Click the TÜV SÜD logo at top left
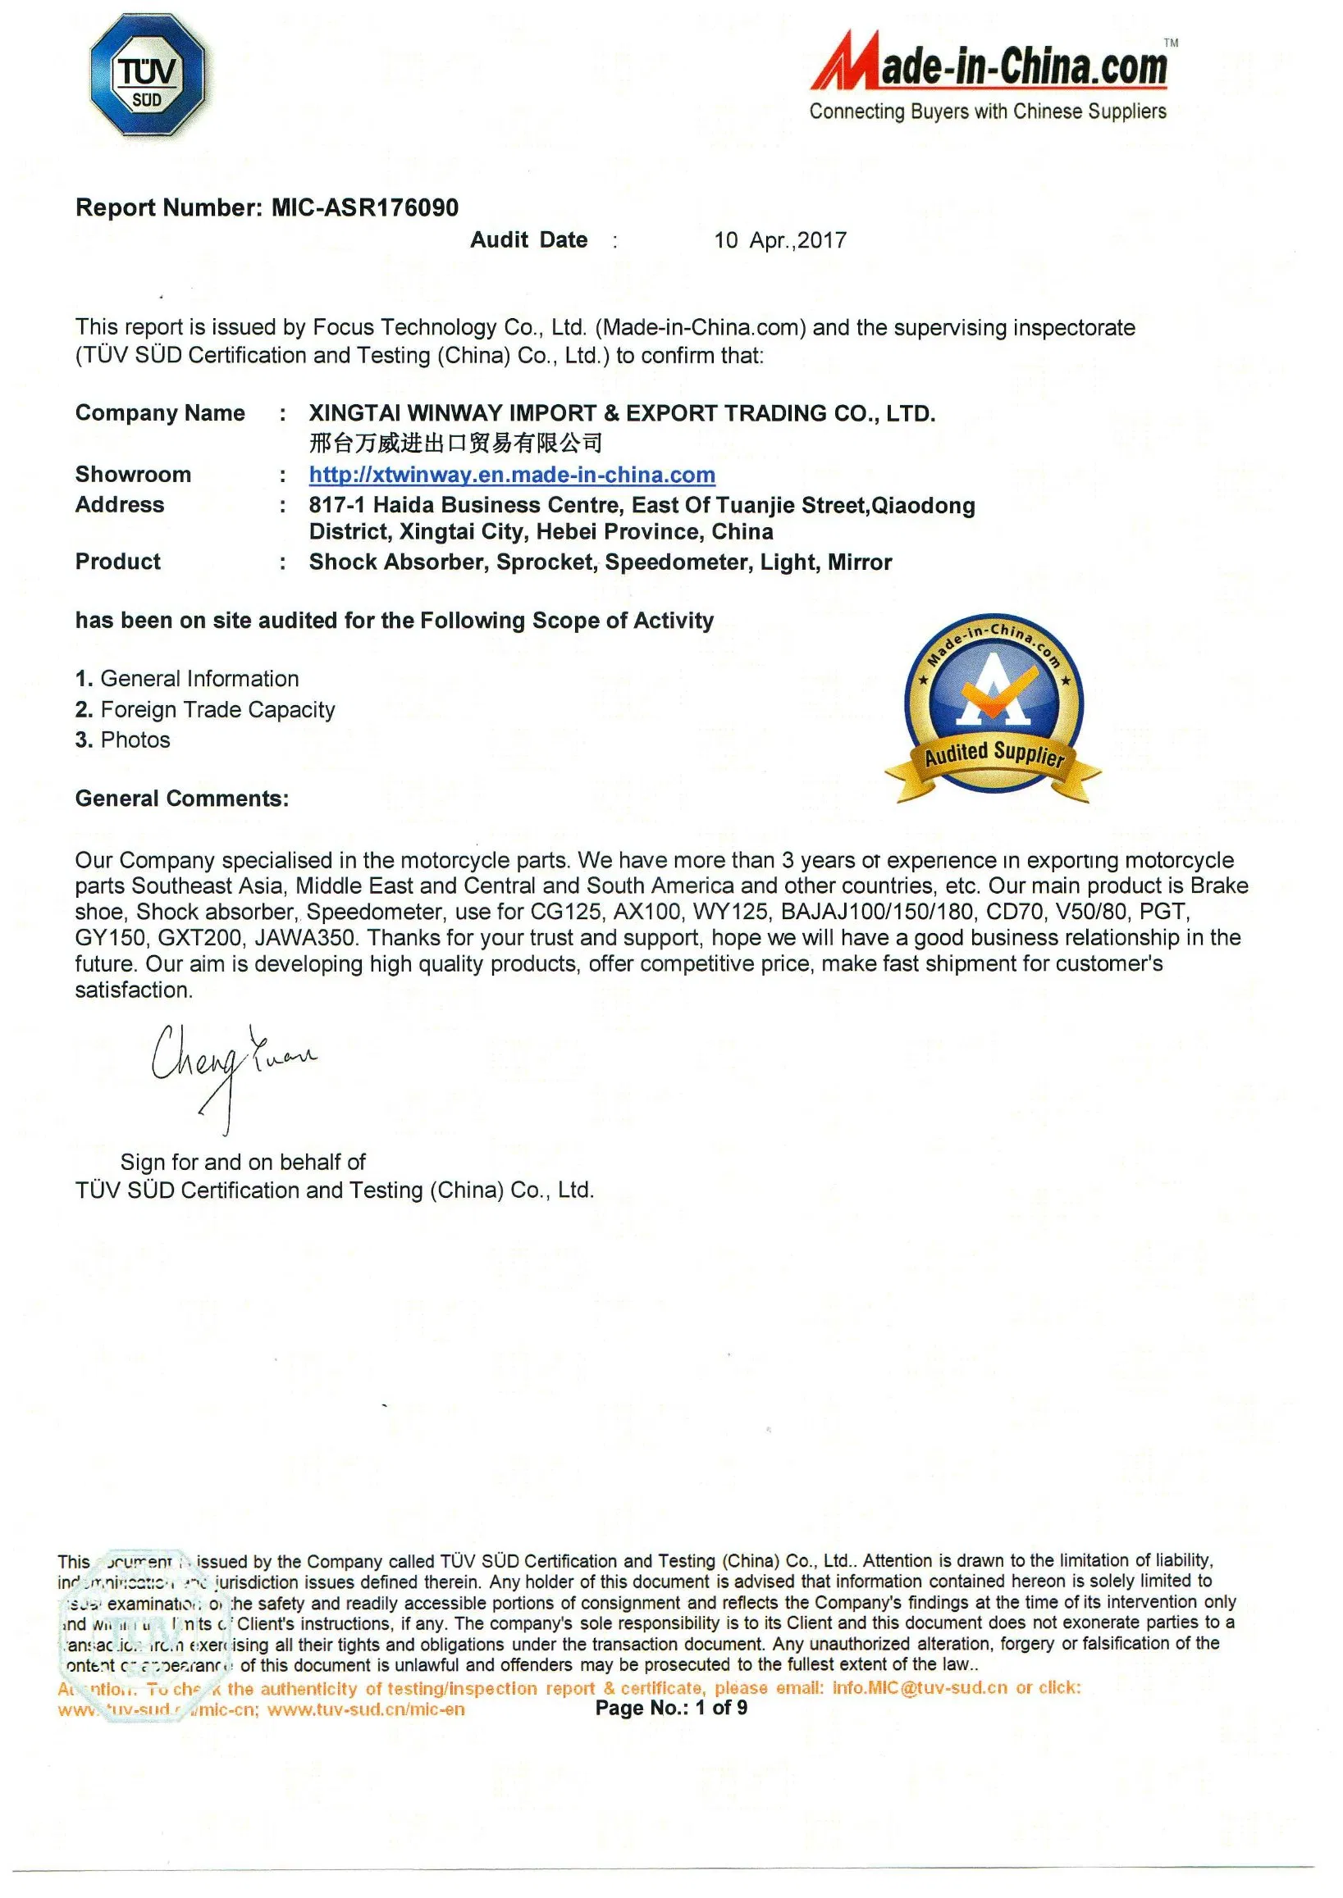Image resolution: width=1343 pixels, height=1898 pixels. point(147,76)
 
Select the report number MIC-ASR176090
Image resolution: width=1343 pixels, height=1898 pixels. point(365,207)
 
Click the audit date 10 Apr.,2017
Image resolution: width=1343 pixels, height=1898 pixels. point(780,240)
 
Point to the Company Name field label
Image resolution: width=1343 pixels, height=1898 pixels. point(160,412)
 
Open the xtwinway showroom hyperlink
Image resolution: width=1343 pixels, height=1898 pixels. point(512,475)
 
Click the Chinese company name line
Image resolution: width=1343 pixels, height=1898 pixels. point(455,444)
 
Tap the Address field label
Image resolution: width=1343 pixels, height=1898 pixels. point(120,504)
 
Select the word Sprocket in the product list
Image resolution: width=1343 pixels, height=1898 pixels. point(545,562)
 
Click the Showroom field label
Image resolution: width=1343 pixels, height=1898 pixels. point(133,474)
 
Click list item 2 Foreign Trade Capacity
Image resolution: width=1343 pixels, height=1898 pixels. point(205,709)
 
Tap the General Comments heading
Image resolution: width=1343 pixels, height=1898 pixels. point(182,799)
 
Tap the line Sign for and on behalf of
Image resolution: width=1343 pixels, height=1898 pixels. point(243,1163)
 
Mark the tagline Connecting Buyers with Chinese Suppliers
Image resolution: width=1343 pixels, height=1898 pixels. point(988,112)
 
